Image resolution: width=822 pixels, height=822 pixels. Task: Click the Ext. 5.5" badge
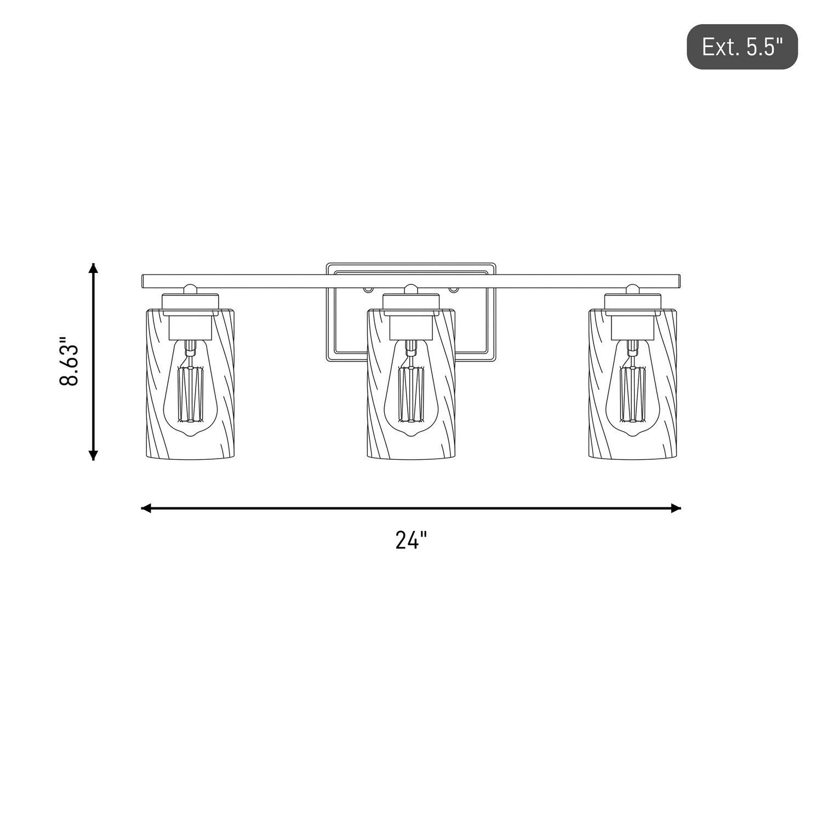point(742,47)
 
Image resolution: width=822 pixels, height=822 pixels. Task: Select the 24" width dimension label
point(411,540)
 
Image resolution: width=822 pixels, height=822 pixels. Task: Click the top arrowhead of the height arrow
point(94,268)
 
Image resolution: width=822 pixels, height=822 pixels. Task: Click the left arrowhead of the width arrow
point(146,509)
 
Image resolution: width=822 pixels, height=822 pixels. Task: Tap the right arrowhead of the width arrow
point(676,509)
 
